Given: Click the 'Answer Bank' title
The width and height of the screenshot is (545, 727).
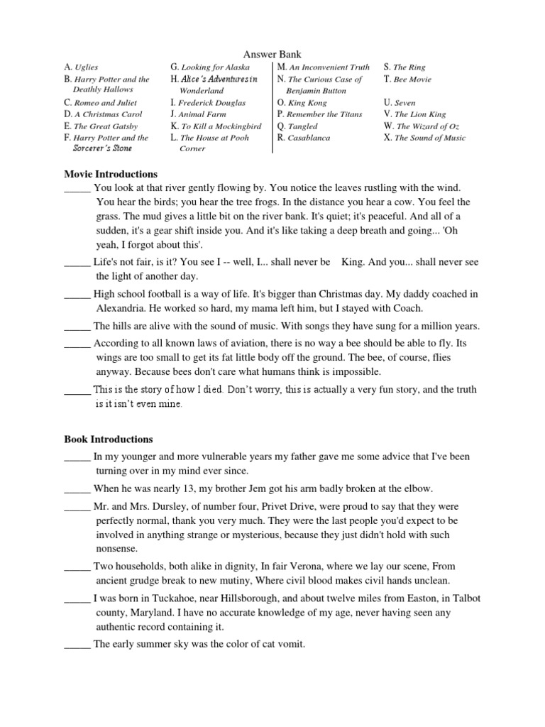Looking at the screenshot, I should (272, 54).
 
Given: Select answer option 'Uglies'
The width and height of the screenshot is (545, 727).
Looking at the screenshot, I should (87, 67).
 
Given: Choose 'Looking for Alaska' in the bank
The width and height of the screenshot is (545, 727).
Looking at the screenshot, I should (216, 67).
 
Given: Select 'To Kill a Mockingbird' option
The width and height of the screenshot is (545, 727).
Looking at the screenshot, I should (221, 126).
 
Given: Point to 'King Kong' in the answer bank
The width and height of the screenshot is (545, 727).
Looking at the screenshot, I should (307, 103).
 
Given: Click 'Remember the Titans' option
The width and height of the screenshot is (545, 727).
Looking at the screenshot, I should (324, 114).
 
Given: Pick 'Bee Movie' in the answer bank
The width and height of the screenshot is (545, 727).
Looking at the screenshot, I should (412, 80).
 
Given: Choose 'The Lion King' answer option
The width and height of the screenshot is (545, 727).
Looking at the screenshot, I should (420, 114).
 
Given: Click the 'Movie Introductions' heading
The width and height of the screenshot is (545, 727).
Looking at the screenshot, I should (111, 174).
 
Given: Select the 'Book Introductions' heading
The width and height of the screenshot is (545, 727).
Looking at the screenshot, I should (109, 439).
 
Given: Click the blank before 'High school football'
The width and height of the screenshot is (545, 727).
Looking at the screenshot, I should (77, 295).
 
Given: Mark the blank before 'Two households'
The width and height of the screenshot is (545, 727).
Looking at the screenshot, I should (77, 567).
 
